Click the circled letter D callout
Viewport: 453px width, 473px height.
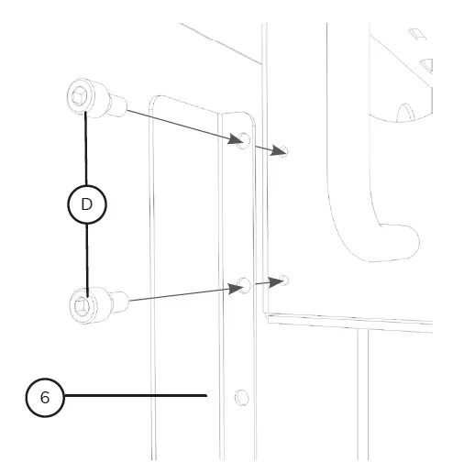pyautogui.click(x=87, y=204)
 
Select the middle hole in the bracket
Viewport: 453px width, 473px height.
pyautogui.click(x=244, y=286)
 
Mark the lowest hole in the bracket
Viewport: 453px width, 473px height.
pyautogui.click(x=241, y=397)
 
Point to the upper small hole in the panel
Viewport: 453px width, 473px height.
pyautogui.click(x=284, y=151)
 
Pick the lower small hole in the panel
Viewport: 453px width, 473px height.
pyautogui.click(x=285, y=279)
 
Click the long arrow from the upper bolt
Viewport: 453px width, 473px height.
pyautogui.click(x=179, y=126)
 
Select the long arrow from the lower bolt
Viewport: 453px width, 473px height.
pyautogui.click(x=179, y=294)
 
